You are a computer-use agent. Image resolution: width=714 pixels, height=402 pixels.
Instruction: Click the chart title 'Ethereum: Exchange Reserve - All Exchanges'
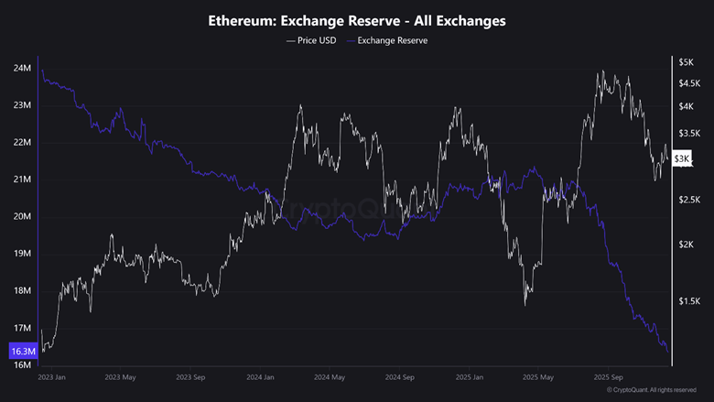357,20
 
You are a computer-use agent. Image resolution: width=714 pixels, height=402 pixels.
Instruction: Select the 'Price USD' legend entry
311,40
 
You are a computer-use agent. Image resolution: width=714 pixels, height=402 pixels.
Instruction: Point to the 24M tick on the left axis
23,69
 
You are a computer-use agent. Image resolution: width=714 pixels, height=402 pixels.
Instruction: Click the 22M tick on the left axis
23,143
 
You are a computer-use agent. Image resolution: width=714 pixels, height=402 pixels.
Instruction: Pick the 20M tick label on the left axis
23,217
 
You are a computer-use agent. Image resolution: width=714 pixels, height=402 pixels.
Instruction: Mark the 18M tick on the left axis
23,291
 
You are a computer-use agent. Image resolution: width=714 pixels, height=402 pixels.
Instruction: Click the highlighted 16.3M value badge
22,351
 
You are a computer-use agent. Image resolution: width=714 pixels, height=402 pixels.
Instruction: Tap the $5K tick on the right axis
686,62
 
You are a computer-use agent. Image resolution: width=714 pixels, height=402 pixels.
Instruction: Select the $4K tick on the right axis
686,106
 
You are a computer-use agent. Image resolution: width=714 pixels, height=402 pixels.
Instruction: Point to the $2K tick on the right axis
686,244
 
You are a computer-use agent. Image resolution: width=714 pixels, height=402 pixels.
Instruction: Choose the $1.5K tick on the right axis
688,300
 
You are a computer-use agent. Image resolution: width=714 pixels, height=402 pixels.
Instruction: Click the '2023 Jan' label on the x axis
52,376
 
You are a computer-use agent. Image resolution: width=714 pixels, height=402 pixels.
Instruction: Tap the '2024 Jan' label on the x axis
261,376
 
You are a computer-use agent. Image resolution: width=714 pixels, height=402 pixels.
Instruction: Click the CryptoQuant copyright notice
652,390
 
